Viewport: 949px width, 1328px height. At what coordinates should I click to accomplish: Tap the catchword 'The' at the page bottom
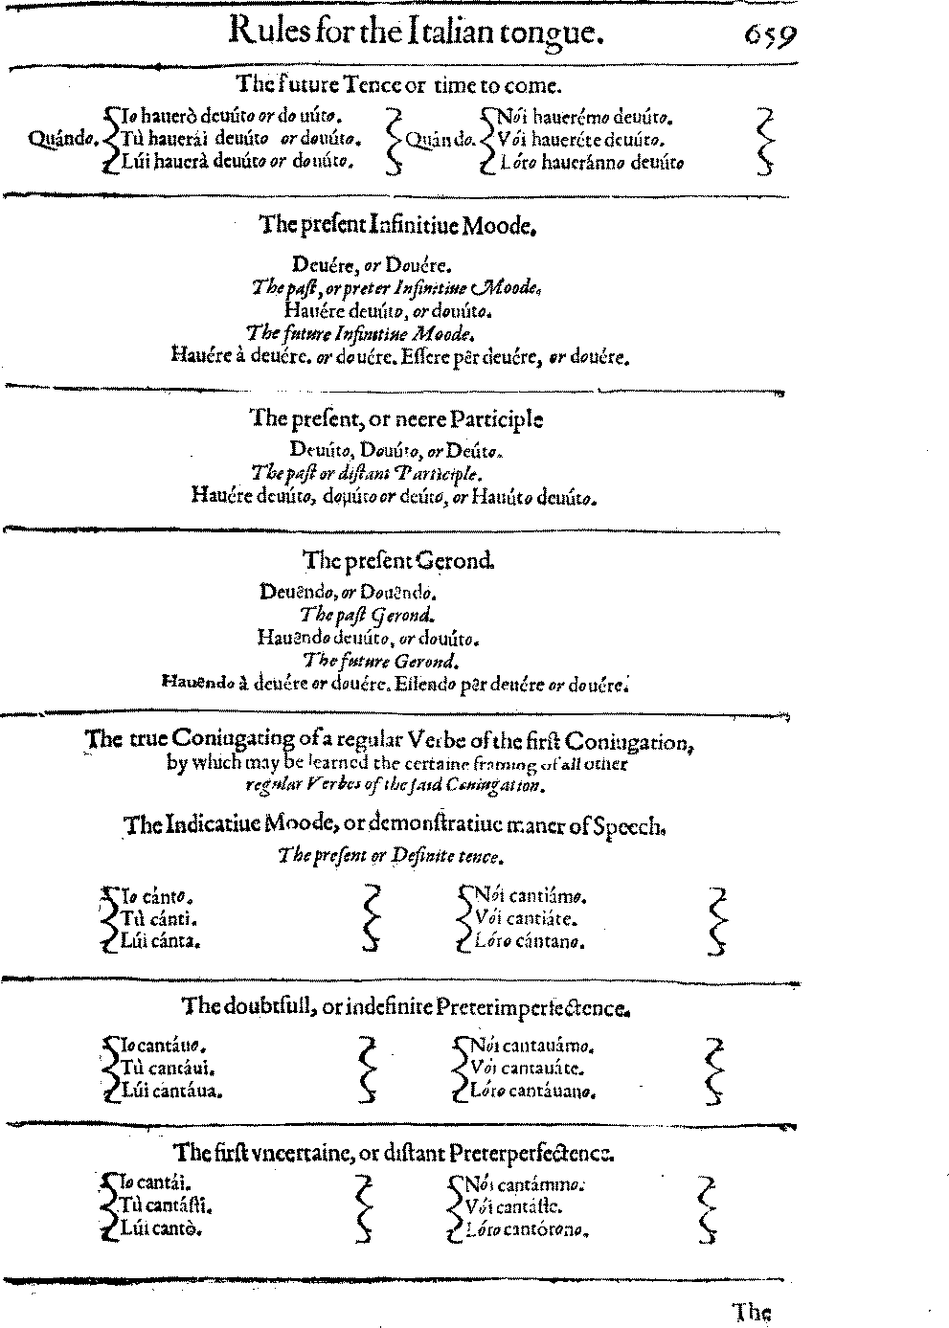coord(752,1311)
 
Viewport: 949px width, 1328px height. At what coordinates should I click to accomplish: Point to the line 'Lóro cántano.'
coord(529,941)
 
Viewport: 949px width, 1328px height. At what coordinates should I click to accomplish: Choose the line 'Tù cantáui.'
coord(160,1068)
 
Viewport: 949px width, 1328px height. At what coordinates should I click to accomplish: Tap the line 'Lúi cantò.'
coord(161,1228)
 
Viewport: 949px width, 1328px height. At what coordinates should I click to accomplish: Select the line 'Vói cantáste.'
coord(517,1207)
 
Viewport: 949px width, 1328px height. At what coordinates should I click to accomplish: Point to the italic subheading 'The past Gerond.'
coord(367,615)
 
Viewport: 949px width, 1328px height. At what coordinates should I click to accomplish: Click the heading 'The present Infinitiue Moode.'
coord(396,226)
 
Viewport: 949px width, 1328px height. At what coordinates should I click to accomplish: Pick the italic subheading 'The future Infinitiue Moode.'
coord(360,333)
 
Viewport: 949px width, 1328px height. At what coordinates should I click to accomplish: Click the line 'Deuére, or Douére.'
coord(372,263)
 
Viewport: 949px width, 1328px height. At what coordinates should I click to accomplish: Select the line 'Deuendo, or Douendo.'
coord(349,593)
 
